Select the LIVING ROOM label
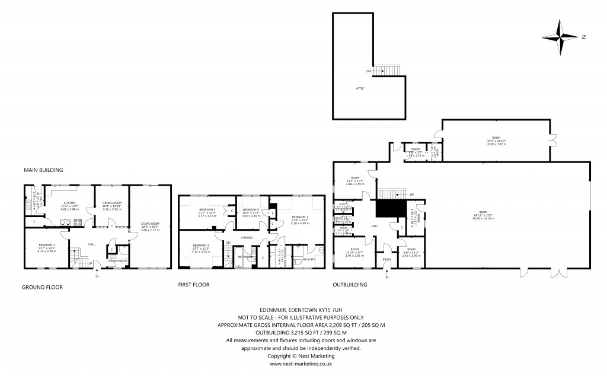tap(151, 223)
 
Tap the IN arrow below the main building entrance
tap(97, 276)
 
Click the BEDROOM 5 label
tap(251, 209)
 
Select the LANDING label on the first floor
tap(248, 238)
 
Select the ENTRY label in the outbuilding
tap(387, 259)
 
